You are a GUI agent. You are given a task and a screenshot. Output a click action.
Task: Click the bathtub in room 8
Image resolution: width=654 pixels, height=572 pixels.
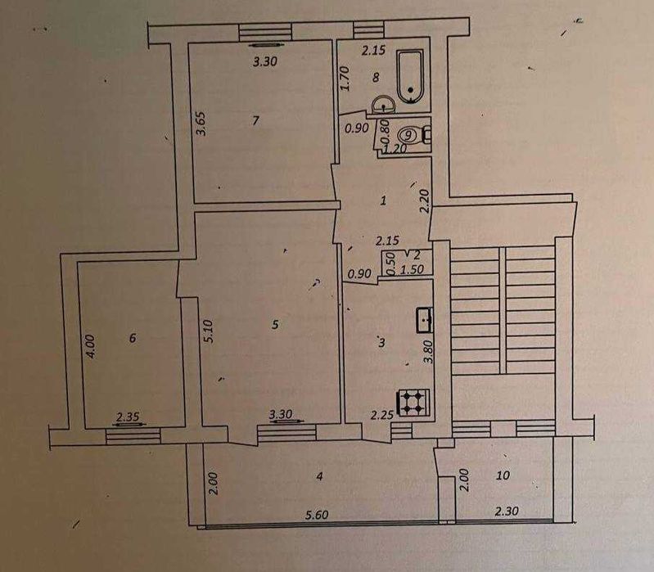click(x=411, y=76)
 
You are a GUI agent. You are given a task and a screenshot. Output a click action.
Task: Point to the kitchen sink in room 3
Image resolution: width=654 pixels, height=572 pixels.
click(x=425, y=320)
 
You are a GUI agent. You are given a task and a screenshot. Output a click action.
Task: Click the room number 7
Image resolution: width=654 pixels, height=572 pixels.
click(x=255, y=121)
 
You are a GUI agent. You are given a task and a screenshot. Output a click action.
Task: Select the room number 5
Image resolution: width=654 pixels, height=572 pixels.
click(x=275, y=324)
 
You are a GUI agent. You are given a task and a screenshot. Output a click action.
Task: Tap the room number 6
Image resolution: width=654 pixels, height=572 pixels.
click(x=133, y=338)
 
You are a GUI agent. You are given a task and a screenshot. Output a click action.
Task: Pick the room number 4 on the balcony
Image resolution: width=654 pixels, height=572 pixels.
click(x=319, y=476)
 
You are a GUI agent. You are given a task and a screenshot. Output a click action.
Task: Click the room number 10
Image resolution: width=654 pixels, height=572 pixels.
click(x=503, y=475)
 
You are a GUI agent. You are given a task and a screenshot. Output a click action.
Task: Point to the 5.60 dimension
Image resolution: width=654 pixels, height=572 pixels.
click(x=317, y=516)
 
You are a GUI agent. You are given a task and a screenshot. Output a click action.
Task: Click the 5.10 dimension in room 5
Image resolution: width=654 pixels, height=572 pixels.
click(x=209, y=331)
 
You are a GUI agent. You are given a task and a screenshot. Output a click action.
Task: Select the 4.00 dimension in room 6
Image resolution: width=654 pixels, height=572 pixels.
click(x=91, y=346)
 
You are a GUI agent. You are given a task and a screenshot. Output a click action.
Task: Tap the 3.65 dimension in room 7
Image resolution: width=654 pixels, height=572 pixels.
click(x=201, y=124)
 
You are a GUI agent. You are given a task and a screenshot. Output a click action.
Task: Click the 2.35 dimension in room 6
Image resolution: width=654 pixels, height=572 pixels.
click(x=128, y=417)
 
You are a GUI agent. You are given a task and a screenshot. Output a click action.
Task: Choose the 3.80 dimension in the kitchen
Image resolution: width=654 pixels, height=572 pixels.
click(x=428, y=351)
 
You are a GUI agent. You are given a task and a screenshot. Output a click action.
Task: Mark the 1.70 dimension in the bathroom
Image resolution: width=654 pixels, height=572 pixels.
click(x=345, y=79)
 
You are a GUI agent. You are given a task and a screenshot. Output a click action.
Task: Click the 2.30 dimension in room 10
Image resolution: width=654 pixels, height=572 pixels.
click(x=507, y=511)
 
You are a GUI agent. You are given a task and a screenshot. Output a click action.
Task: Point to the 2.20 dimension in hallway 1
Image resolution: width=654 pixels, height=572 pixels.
click(x=425, y=201)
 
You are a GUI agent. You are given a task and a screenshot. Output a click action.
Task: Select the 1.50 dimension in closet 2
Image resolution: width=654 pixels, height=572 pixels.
click(x=412, y=270)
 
